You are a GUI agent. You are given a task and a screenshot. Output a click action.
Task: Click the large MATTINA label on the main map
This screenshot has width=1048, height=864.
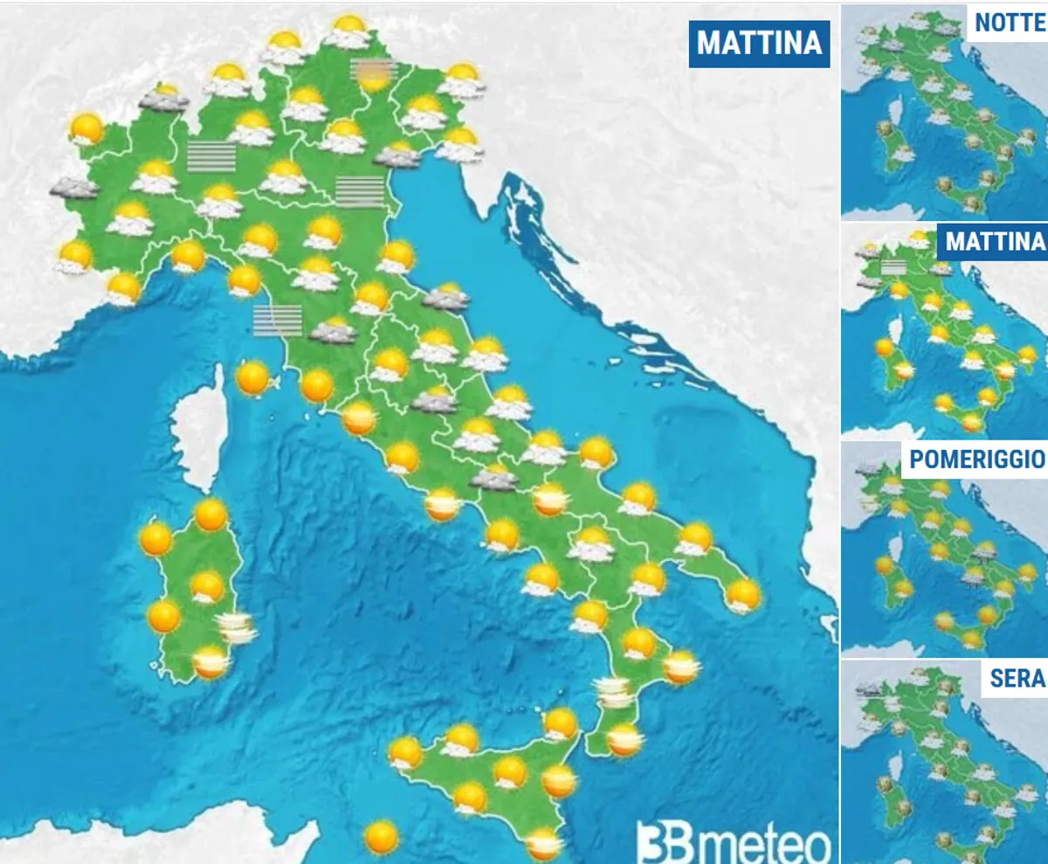click(x=760, y=43)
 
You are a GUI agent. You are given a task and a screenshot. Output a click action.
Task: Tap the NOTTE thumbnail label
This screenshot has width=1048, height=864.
click(x=1010, y=22)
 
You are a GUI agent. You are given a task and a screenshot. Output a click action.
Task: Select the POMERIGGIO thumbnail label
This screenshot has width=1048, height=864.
click(x=976, y=460)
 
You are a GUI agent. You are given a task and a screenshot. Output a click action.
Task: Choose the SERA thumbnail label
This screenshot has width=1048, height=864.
click(x=1017, y=678)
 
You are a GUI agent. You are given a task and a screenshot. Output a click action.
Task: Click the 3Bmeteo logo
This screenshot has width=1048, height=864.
click(x=734, y=843)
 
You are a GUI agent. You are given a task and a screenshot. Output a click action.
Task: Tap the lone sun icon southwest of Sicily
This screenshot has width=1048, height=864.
click(x=381, y=838)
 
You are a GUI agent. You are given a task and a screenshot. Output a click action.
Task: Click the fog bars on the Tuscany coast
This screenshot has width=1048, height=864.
click(x=277, y=320)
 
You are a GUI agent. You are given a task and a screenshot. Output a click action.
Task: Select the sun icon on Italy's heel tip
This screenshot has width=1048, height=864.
click(x=743, y=595)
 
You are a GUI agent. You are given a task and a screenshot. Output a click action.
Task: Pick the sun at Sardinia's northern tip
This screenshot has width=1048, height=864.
click(x=211, y=515)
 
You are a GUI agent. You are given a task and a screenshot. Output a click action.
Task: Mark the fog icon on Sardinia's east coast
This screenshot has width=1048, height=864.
click(x=236, y=626)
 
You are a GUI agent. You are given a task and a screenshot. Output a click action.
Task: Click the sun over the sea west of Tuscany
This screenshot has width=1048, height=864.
click(x=253, y=378)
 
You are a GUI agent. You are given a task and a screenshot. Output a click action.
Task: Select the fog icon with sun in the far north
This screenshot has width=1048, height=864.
click(x=374, y=73)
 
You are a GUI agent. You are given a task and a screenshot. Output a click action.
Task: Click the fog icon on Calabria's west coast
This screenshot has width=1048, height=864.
click(x=615, y=694)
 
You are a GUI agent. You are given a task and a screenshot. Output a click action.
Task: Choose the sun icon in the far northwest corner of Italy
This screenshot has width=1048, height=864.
click(x=86, y=128)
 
